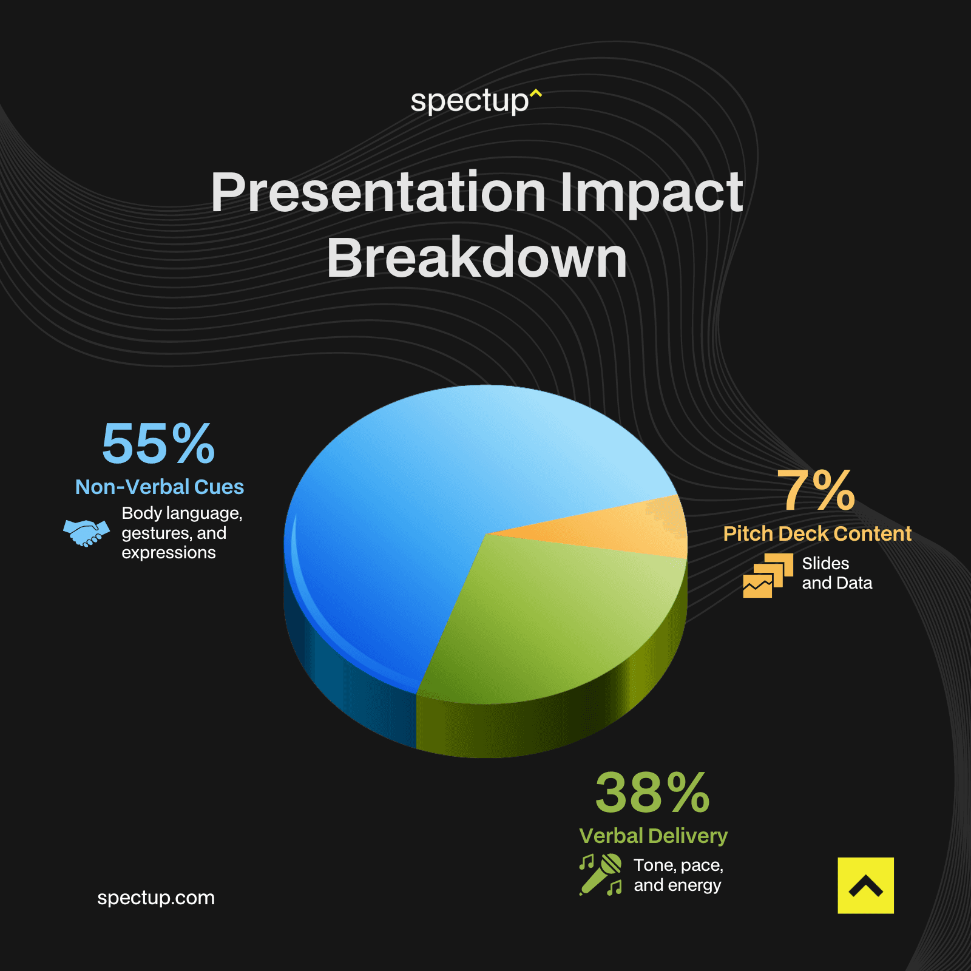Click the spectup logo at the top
476,101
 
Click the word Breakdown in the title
477,259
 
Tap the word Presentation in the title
378,192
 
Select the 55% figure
158,444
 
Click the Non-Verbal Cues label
160,487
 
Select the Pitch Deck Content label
817,533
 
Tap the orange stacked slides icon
768,575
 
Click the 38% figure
652,793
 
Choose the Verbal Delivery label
653,836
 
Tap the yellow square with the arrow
865,885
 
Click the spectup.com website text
156,898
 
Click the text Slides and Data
836,573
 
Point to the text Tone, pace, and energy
678,875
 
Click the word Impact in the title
651,192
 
